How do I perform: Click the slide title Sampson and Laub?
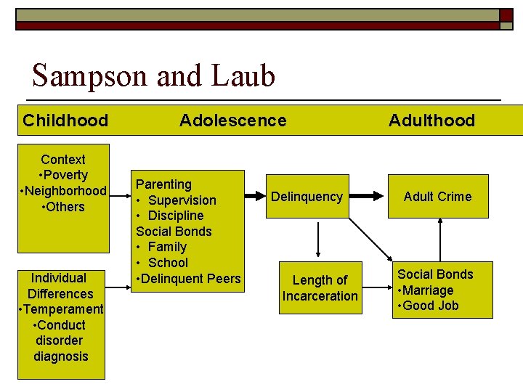tap(153, 75)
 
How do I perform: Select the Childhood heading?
tap(65, 121)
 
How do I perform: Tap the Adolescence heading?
tap(232, 121)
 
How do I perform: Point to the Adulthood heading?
tap(431, 121)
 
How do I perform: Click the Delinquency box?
tap(307, 197)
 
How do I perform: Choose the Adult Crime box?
tap(437, 197)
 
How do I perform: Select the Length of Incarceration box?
tap(320, 288)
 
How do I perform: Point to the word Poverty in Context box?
tap(66, 175)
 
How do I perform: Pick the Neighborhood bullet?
tap(64, 191)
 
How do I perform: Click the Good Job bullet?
tap(428, 306)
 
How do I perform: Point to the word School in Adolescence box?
tap(168, 263)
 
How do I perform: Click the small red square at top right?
tap(506, 14)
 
